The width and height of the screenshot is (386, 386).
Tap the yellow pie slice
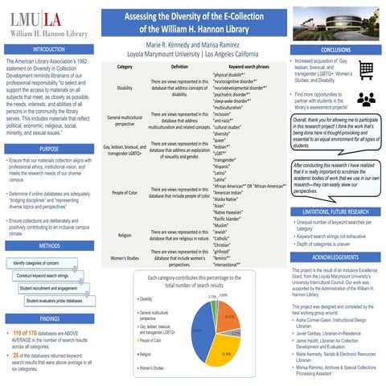(228, 346)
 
